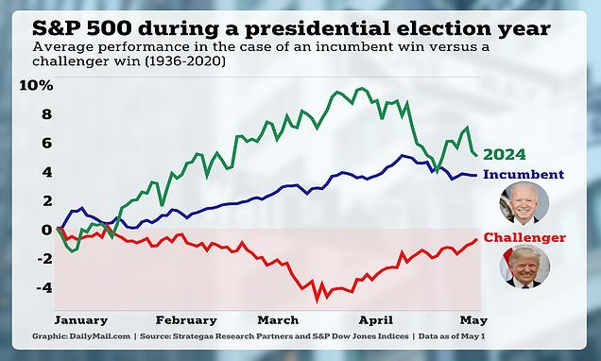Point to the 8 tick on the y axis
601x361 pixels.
44,114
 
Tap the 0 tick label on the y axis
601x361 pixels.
44,230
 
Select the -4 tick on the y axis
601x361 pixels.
42,287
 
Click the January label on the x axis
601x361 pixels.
81,319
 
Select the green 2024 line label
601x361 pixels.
503,155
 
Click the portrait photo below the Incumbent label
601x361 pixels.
523,202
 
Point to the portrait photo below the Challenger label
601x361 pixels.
523,266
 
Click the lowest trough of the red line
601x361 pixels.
317,299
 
